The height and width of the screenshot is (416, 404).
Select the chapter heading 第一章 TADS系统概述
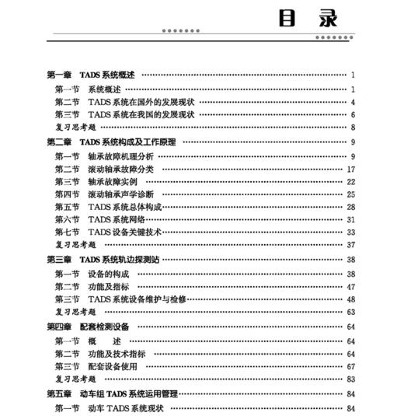click(x=91, y=75)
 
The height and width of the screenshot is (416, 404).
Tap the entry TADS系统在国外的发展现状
click(x=140, y=102)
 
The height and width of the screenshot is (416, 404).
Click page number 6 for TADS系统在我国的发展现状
click(x=352, y=115)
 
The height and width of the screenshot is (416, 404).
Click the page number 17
click(x=350, y=170)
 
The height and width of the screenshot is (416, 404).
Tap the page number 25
click(x=350, y=194)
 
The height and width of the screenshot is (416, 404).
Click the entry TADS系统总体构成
click(x=124, y=208)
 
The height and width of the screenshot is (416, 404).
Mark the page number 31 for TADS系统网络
click(x=350, y=220)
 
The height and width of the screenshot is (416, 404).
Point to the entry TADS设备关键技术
click(x=124, y=232)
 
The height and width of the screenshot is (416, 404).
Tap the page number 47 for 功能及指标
click(x=350, y=286)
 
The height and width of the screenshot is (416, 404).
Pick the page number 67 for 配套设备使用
click(x=350, y=366)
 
